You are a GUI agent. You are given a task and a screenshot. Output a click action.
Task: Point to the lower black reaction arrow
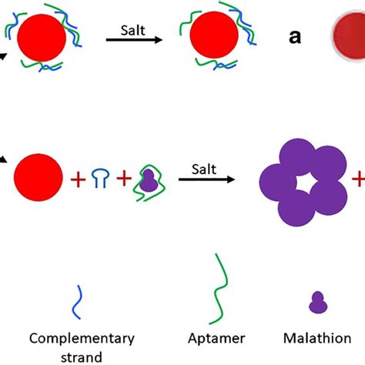click(206, 179)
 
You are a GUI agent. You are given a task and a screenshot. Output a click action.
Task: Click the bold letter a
click(295, 38)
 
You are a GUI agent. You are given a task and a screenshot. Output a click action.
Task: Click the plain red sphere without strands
click(39, 179)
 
